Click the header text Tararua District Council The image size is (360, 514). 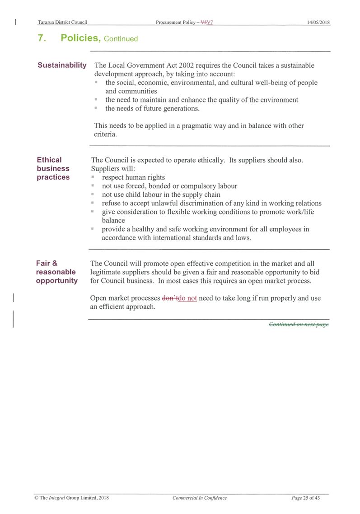click(x=62, y=22)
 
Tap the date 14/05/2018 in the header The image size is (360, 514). click(x=318, y=22)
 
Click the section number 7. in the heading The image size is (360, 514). click(x=42, y=38)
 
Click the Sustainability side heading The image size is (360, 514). click(x=62, y=65)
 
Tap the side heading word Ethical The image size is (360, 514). click(x=49, y=160)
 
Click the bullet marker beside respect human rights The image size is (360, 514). click(x=93, y=177)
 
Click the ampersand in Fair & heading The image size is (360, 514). click(x=55, y=263)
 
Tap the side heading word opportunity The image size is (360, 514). click(x=57, y=281)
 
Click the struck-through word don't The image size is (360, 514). click(x=170, y=298)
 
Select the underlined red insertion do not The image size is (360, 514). click(x=187, y=298)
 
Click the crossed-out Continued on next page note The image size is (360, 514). click(x=299, y=324)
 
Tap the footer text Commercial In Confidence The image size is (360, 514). click(x=200, y=498)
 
